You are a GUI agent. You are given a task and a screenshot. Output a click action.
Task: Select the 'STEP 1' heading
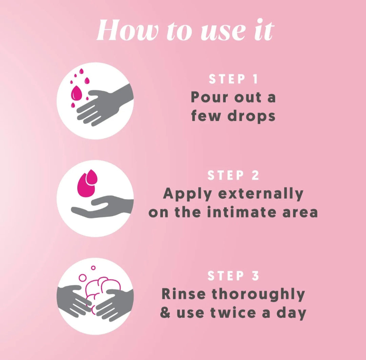pyautogui.click(x=233, y=79)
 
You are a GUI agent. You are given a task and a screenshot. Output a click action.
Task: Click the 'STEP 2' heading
pyautogui.click(x=233, y=175)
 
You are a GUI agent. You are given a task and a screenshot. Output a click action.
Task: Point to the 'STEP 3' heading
pyautogui.click(x=233, y=276)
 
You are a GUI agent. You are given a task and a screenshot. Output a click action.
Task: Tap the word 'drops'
pyautogui.click(x=251, y=116)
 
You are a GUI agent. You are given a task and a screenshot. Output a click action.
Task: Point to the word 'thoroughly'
pyautogui.click(x=258, y=295)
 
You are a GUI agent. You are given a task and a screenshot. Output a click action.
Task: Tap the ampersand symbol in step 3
pyautogui.click(x=165, y=313)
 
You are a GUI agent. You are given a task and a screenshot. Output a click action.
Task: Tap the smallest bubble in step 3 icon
pyautogui.click(x=94, y=268)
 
